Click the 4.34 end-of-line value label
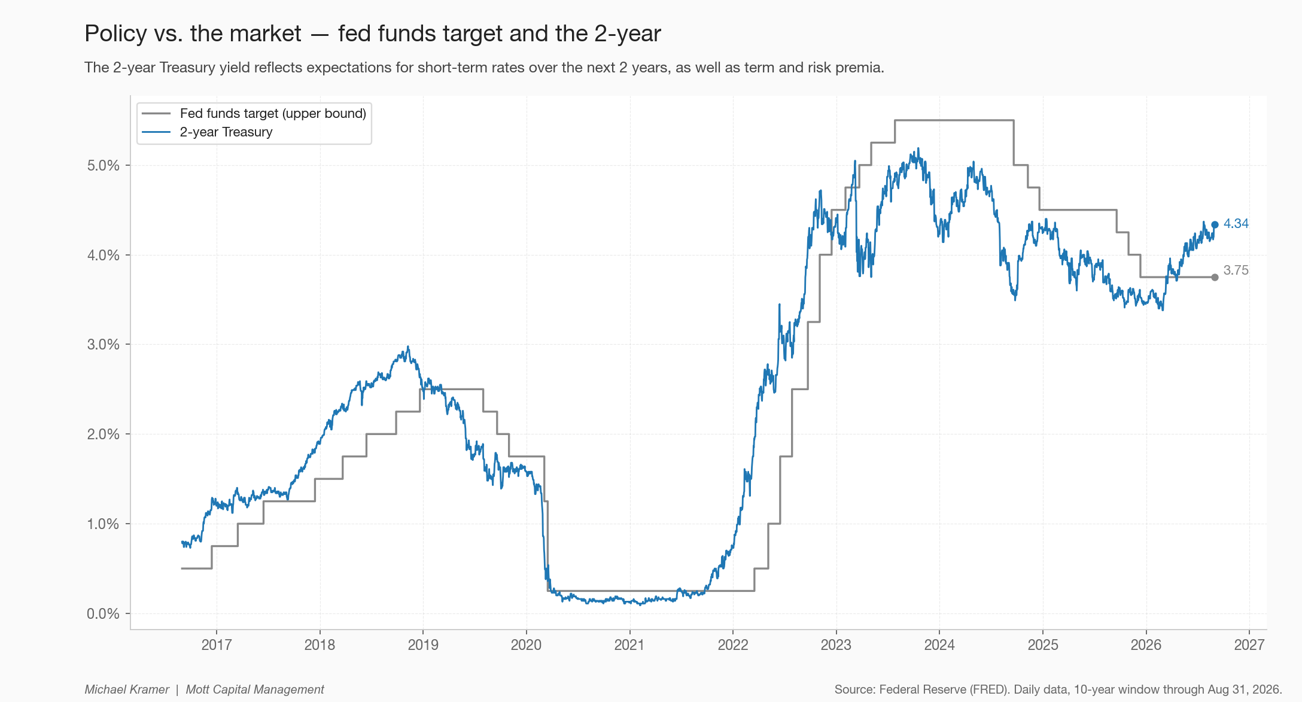click(x=1236, y=224)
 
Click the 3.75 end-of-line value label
click(x=1236, y=271)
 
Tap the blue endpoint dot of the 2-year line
click(x=1215, y=225)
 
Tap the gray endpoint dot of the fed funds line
click(x=1215, y=277)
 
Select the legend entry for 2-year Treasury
click(x=207, y=132)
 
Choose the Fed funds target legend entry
click(x=254, y=114)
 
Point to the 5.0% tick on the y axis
click(x=103, y=166)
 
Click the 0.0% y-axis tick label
click(x=103, y=613)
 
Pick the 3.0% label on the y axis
click(x=103, y=345)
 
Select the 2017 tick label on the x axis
click(x=216, y=645)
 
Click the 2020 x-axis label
click(x=526, y=645)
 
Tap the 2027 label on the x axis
click(x=1249, y=645)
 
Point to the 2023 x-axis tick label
click(x=836, y=645)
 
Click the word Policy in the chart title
click(x=115, y=34)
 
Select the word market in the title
click(x=266, y=34)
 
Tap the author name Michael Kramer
click(x=127, y=689)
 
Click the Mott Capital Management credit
click(x=255, y=689)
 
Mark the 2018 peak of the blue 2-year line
click(x=408, y=347)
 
